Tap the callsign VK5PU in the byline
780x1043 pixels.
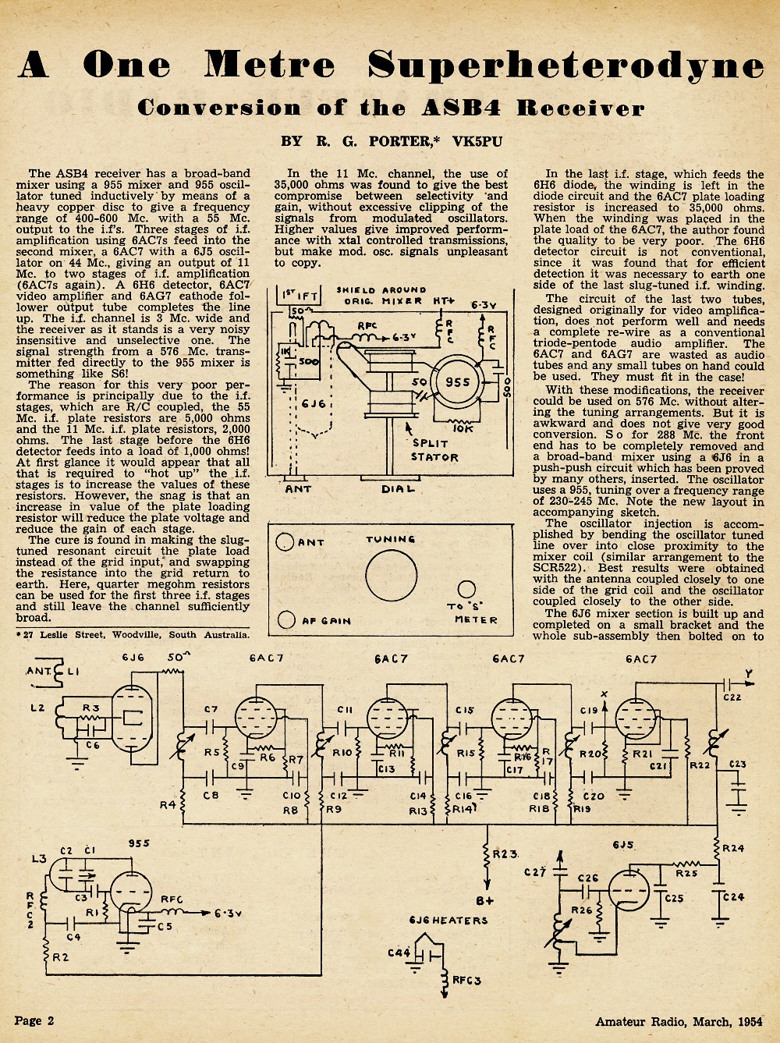coord(477,142)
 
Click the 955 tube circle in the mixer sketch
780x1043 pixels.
coord(457,382)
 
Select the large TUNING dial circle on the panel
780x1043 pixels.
coord(391,576)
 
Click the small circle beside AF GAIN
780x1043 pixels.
coord(286,619)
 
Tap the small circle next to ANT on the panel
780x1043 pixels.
coord(285,542)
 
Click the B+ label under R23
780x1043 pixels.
coord(485,900)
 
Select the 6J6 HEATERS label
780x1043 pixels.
coord(448,920)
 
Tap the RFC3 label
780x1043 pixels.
coord(466,979)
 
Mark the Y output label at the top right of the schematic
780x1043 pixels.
coord(749,673)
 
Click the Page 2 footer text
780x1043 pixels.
coord(34,1020)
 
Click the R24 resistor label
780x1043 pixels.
coord(733,848)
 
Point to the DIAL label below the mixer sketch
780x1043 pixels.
coord(398,488)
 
